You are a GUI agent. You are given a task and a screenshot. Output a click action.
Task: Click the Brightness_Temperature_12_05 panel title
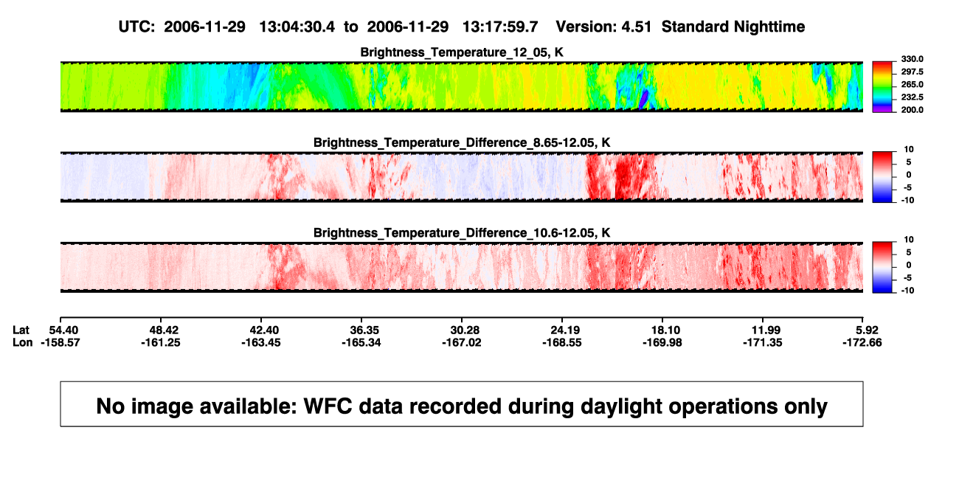[x=462, y=52]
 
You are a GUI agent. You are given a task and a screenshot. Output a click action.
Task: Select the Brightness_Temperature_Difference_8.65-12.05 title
[x=462, y=142]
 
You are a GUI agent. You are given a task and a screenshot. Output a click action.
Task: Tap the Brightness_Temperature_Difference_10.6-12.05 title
[x=462, y=233]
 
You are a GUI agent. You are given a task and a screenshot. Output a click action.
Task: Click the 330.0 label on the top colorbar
[x=912, y=59]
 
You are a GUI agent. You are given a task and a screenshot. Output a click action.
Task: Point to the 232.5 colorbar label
[x=912, y=97]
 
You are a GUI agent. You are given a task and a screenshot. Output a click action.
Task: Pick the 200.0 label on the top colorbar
[x=912, y=110]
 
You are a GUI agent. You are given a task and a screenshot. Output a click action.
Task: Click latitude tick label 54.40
[x=63, y=330]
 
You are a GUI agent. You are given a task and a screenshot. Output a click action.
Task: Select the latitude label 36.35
[x=364, y=330]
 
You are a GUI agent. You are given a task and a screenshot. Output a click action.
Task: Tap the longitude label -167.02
[x=462, y=342]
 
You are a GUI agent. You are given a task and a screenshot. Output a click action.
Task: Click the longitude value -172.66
[x=862, y=342]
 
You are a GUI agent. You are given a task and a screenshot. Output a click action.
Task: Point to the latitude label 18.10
[x=665, y=330]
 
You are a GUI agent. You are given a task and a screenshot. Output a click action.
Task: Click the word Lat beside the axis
[x=21, y=330]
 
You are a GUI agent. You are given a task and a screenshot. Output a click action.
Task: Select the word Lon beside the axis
[x=22, y=342]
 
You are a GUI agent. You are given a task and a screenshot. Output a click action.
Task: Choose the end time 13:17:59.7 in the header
[x=500, y=27]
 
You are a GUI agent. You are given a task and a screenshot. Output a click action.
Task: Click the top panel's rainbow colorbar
[x=882, y=87]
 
